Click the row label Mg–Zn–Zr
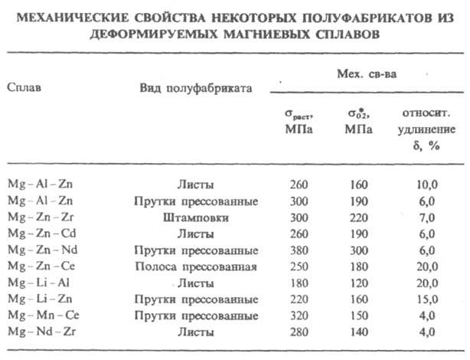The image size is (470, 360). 39,218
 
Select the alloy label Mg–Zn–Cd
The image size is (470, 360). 40,233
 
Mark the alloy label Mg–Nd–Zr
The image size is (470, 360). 40,332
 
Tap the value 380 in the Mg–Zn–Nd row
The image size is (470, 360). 299,250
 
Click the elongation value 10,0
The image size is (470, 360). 427,185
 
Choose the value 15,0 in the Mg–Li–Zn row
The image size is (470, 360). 427,299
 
